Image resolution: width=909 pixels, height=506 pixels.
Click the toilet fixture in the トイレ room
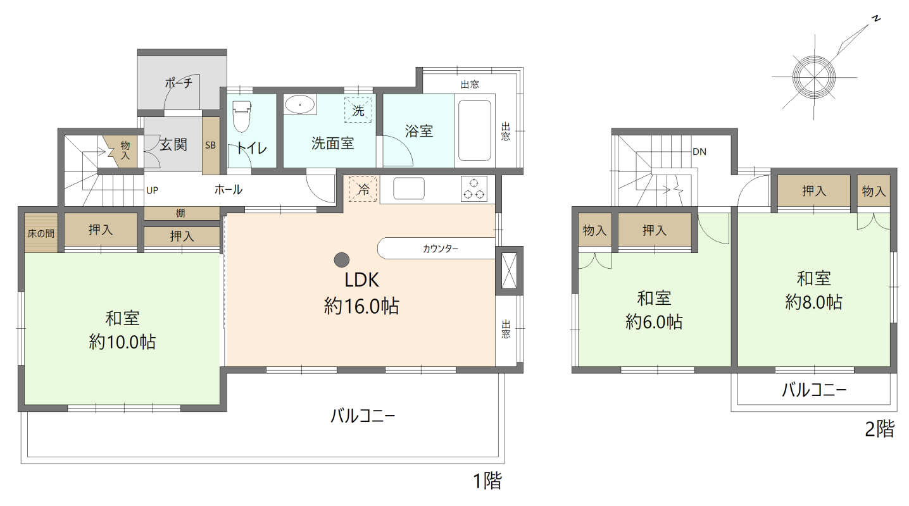[x=241, y=117]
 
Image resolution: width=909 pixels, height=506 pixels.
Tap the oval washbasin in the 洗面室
[x=300, y=104]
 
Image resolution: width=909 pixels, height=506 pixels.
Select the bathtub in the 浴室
[x=474, y=130]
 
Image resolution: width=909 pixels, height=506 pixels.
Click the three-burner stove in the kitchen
[x=473, y=189]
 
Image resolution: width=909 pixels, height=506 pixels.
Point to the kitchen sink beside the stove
[x=409, y=188]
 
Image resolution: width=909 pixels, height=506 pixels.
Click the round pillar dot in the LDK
[x=342, y=260]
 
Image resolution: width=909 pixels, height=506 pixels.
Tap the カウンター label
[x=441, y=249]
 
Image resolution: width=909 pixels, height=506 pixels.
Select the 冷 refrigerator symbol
[x=363, y=188]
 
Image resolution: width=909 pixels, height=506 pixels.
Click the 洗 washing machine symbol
[x=358, y=109]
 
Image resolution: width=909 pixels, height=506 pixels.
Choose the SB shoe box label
[x=210, y=145]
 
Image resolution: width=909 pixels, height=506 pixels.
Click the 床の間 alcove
[x=41, y=232]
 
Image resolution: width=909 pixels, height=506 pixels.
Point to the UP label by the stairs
[x=152, y=190]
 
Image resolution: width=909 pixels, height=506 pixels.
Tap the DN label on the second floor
[x=699, y=152]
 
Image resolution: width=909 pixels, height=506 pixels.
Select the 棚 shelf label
[x=180, y=213]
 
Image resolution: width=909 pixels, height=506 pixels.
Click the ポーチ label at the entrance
[x=178, y=83]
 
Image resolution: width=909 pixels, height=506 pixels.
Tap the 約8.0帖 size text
[x=813, y=302]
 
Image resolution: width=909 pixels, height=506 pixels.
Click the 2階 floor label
[x=879, y=429]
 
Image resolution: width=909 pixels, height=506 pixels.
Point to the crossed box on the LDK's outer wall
[x=510, y=271]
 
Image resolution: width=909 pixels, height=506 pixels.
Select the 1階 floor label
[x=487, y=481]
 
